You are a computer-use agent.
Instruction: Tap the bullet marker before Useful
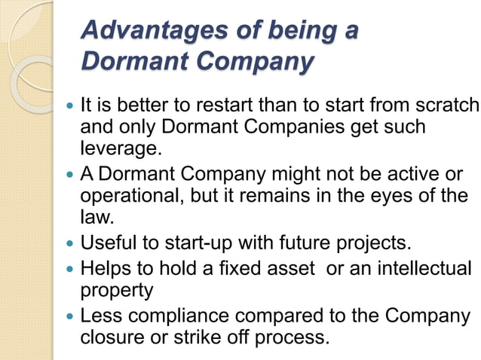70,244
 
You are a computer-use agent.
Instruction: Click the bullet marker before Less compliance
70,315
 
